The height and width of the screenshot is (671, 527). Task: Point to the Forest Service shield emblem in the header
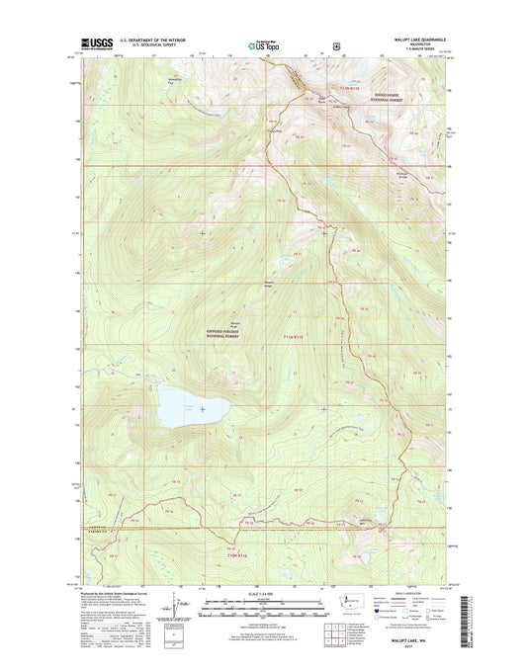click(x=338, y=44)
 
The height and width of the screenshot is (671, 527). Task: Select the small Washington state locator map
click(x=344, y=602)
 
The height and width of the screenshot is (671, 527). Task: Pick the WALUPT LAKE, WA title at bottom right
click(x=412, y=641)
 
